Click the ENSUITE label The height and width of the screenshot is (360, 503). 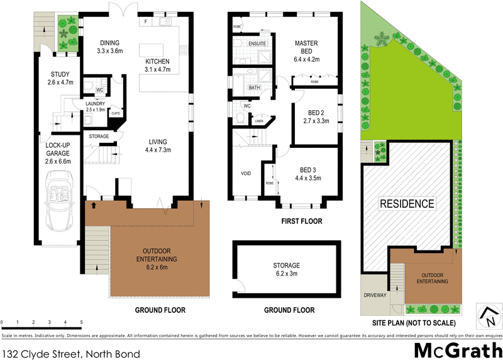pyautogui.click(x=258, y=43)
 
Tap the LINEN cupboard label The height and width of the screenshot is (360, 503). pyautogui.click(x=258, y=121)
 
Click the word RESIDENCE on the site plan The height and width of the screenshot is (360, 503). pyautogui.click(x=406, y=203)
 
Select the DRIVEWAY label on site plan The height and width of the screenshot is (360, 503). pyautogui.click(x=375, y=295)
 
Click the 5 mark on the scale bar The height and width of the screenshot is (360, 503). pyautogui.click(x=81, y=322)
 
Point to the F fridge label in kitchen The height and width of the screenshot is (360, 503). pyautogui.click(x=146, y=22)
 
